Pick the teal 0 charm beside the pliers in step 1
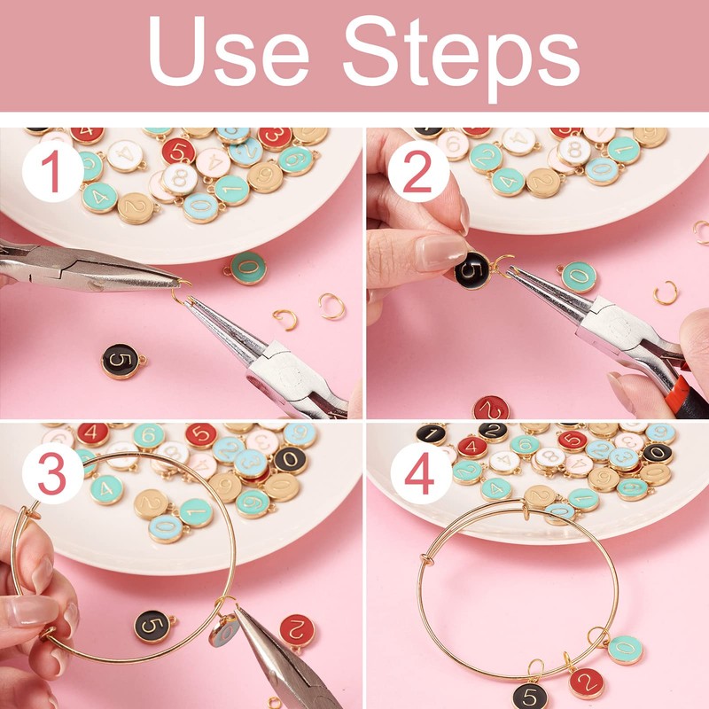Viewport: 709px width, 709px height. pos(247,267)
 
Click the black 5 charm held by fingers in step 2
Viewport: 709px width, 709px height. pos(472,269)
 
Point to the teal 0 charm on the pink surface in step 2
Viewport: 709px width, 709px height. pos(579,277)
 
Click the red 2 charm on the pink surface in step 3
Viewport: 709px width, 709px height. pos(297,630)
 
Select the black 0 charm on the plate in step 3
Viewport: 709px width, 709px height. pos(289,458)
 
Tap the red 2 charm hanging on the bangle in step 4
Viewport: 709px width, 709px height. pos(586,683)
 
